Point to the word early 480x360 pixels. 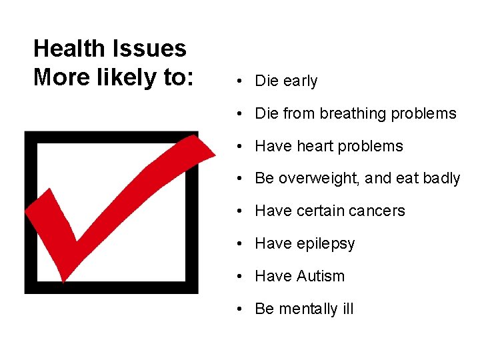coord(300,81)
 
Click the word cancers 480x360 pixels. coord(381,211)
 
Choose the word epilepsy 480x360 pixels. coord(325,244)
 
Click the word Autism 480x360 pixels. coord(323,276)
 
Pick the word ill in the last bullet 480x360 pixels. coord(348,309)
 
